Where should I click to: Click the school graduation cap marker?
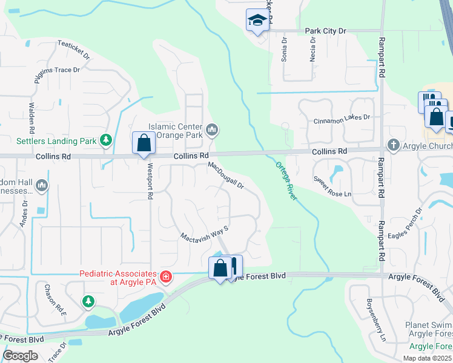tap(257, 21)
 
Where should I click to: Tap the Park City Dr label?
tap(325, 30)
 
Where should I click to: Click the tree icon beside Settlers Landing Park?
tap(106, 141)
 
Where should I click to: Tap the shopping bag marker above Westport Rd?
tap(144, 144)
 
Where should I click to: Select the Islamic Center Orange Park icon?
tap(212, 129)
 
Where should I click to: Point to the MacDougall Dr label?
tap(225, 175)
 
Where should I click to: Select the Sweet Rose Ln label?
tap(332, 186)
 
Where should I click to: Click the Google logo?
tap(21, 356)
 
